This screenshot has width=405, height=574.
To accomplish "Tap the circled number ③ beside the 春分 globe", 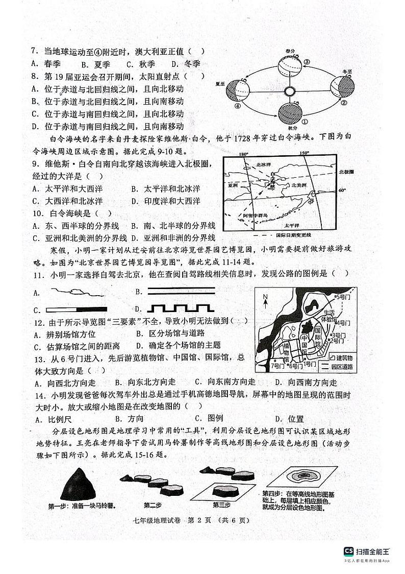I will pyautogui.click(x=307, y=62).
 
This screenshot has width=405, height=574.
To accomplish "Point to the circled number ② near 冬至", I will pyautogui.click(x=344, y=102).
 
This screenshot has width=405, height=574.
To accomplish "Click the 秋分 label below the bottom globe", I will pyautogui.click(x=291, y=128).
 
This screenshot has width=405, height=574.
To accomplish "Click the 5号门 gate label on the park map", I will pyautogui.click(x=341, y=296).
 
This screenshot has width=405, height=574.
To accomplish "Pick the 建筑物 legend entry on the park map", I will pyautogui.click(x=344, y=357).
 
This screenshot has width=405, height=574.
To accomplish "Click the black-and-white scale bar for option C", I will pyautogui.click(x=77, y=309).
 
